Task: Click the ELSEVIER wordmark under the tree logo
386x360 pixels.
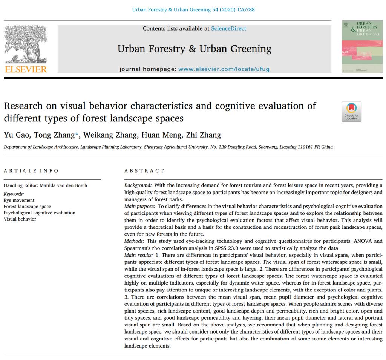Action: (26, 69)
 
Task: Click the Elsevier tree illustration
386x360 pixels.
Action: (25, 45)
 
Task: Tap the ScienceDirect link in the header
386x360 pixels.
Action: (228, 29)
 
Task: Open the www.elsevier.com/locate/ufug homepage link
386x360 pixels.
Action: (224, 69)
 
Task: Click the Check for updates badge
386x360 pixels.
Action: (351, 112)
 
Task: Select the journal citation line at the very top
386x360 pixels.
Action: (193, 9)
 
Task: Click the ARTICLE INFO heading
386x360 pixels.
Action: (31, 171)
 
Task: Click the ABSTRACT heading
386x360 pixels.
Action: (144, 171)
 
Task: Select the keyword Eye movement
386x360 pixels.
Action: (19, 200)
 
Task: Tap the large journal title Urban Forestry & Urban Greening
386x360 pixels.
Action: (194, 49)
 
